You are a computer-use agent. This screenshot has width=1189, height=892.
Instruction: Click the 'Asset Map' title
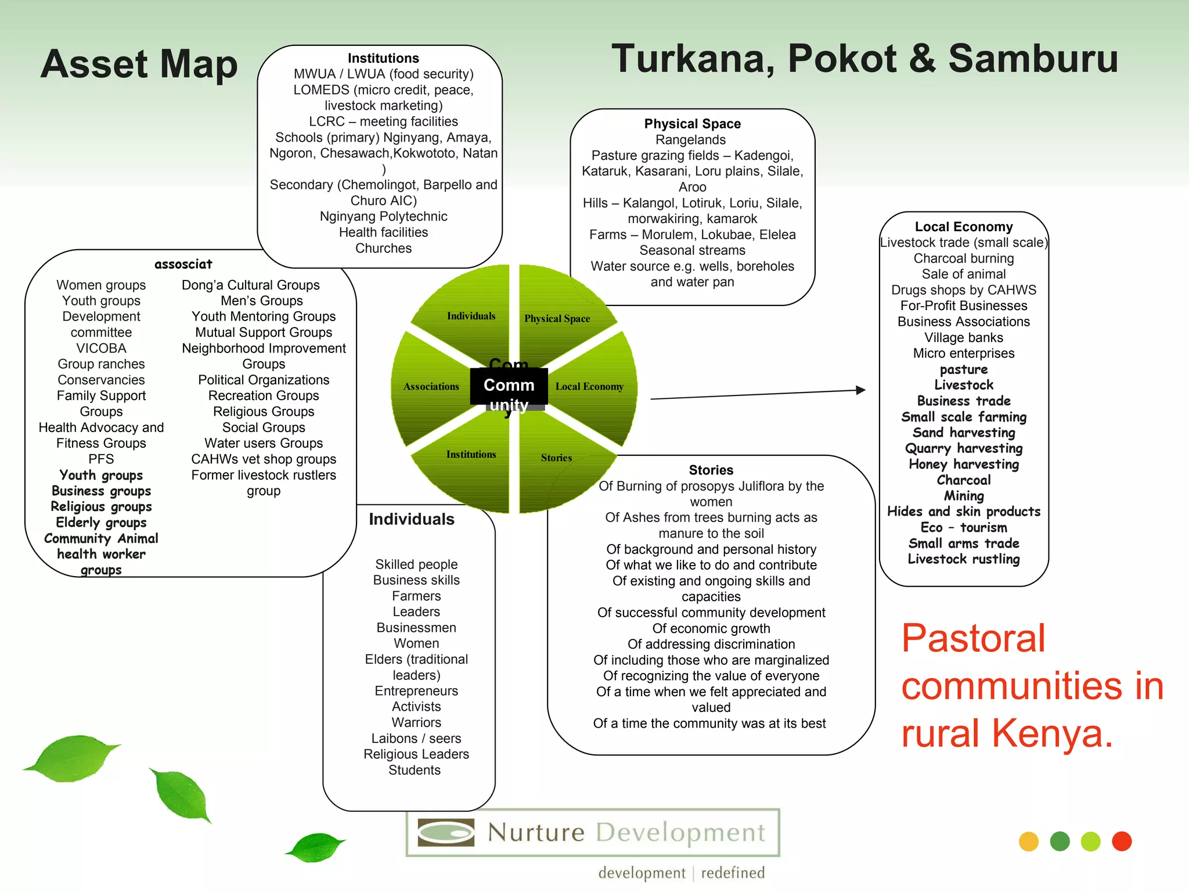pos(139,64)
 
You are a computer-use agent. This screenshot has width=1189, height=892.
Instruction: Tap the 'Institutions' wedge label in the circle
pos(471,454)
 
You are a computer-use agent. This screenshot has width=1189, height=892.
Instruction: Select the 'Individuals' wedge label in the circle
pos(471,316)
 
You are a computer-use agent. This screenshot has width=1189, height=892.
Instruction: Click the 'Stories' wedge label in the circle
pos(556,458)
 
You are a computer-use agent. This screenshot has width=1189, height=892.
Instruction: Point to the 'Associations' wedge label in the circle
pos(431,386)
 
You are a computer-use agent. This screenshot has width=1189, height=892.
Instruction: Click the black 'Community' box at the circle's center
pos(509,386)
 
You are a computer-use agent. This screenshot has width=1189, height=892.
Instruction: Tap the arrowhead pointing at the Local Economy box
pos(860,390)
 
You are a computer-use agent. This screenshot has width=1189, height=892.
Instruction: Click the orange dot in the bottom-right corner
pos(1028,841)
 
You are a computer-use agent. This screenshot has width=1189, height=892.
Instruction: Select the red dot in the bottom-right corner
pos(1122,841)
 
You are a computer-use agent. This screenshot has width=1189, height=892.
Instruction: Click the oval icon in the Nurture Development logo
pos(446,832)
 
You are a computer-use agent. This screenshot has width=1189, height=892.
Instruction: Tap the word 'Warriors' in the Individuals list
pos(416,722)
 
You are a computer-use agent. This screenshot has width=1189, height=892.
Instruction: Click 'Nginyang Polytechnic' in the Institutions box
pos(383,217)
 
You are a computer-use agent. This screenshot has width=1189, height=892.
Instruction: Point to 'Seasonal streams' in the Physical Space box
pos(692,250)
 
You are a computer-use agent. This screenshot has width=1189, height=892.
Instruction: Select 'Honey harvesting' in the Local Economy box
pos(964,464)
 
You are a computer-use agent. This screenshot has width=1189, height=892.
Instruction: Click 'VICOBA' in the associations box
pos(101,348)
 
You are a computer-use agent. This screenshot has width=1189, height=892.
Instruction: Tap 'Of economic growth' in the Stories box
pos(711,628)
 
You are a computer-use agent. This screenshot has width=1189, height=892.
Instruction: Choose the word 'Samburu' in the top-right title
pos(1033,59)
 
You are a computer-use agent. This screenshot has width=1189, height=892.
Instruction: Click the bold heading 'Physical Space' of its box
pos(692,124)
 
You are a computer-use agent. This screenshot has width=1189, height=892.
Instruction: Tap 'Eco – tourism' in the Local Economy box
pos(964,527)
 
